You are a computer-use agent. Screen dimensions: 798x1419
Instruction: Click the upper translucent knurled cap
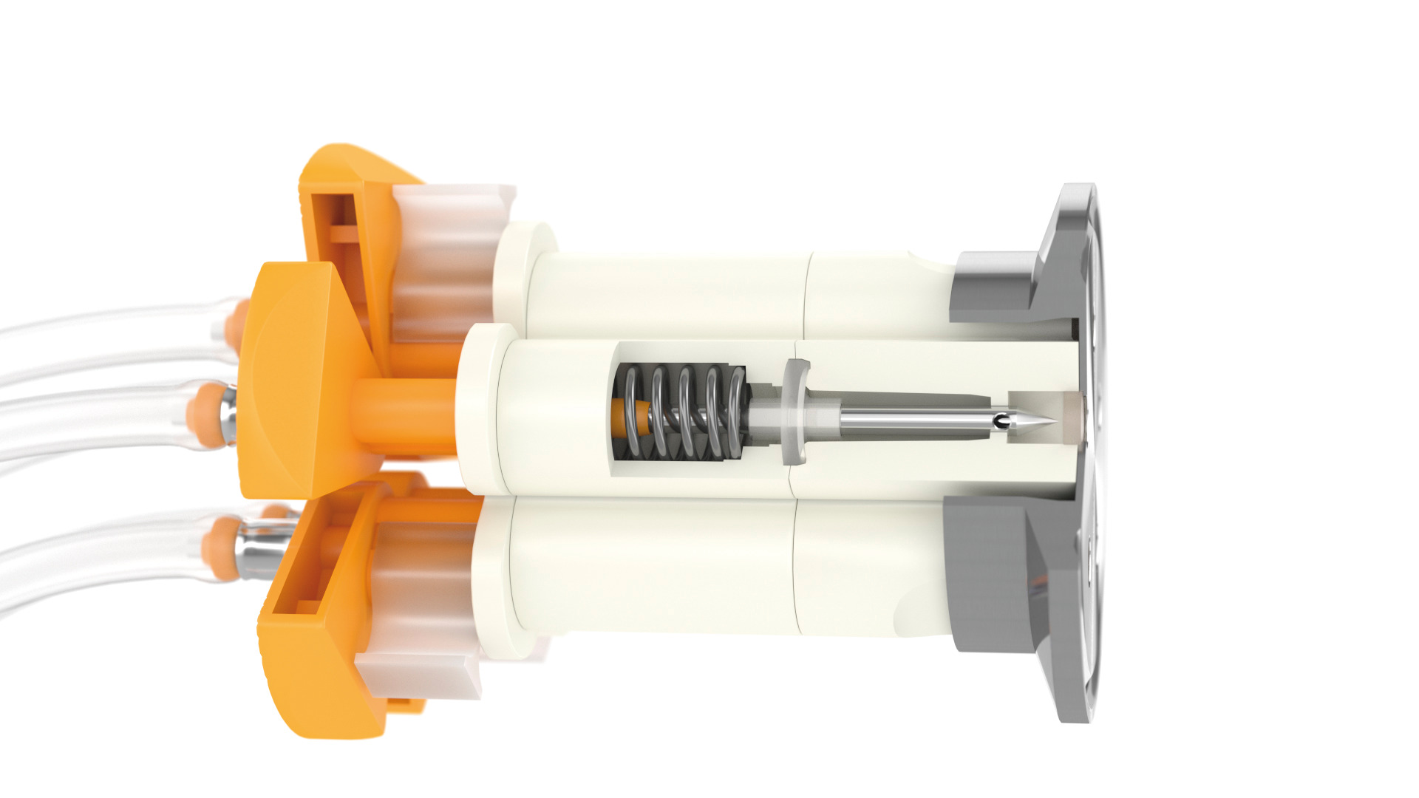tap(443, 259)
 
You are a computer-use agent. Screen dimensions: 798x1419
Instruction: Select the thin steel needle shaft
tap(916, 421)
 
